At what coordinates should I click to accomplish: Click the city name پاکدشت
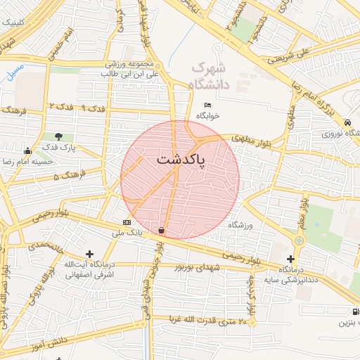[180, 161]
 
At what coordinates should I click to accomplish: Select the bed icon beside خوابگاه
[207, 104]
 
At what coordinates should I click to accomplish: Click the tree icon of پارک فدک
[58, 136]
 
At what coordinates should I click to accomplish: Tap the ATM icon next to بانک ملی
[126, 221]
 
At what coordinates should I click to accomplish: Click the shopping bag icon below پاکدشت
[162, 229]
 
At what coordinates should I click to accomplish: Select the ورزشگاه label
[240, 224]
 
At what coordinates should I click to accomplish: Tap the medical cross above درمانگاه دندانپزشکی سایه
[290, 259]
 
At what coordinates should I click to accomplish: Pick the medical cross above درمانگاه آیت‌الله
[89, 254]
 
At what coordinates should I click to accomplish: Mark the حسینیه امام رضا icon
[27, 150]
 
